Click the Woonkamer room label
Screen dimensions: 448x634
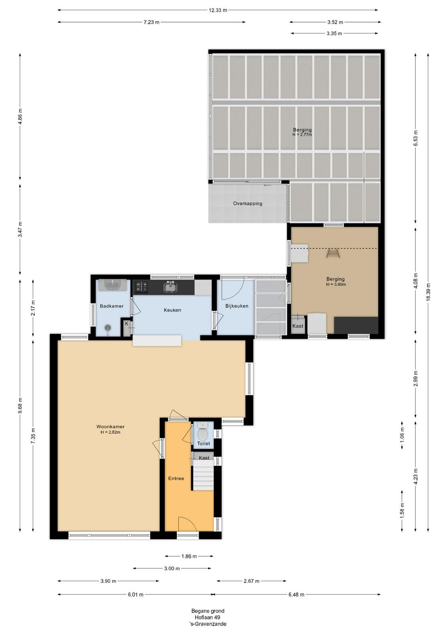110,426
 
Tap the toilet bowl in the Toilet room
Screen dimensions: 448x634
202,434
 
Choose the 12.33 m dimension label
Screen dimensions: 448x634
218,10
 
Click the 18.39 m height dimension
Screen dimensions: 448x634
428,292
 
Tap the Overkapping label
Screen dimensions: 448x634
248,204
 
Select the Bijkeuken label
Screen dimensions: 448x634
237,306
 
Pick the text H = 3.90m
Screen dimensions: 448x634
336,285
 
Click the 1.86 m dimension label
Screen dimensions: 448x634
189,556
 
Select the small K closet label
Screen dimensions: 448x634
127,323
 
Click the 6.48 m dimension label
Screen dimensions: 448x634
296,595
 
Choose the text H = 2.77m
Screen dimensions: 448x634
302,135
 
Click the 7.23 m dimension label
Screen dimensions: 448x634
152,22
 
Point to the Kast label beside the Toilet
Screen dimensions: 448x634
204,458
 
